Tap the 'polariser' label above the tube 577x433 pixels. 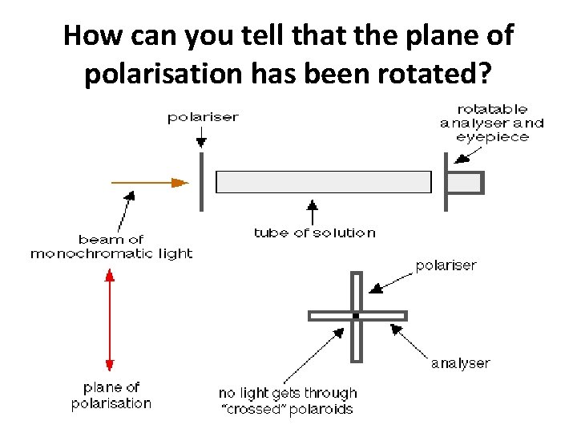203,118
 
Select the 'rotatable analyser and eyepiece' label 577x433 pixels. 492,123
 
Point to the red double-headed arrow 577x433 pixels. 111,321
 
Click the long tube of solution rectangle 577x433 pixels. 324,182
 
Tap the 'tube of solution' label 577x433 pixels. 314,233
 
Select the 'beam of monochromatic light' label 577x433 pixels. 111,246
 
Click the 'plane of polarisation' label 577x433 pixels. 111,395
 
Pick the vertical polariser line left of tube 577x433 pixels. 201,182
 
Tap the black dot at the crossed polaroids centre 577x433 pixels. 356,316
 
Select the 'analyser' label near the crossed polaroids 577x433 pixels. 460,363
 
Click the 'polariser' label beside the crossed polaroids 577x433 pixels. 446,265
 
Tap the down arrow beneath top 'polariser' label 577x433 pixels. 198,137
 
